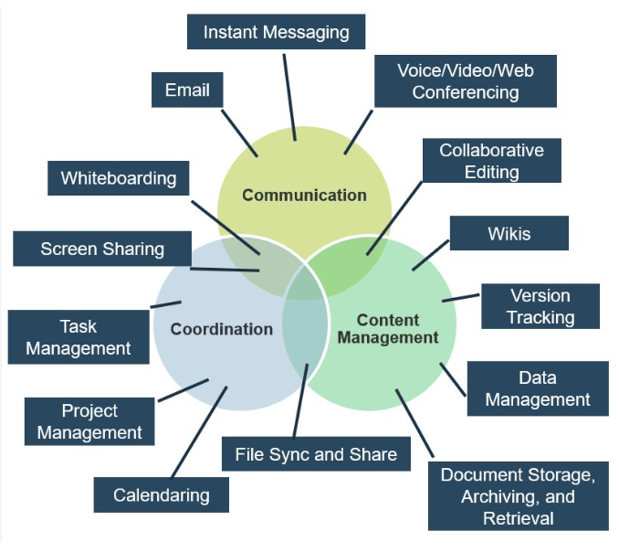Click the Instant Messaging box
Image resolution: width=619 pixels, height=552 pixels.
[276, 32]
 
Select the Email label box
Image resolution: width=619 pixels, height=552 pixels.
[187, 90]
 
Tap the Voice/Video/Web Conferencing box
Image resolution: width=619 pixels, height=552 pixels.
[466, 81]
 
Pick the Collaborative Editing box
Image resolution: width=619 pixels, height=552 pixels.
[491, 161]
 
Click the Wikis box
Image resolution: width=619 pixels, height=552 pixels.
[509, 233]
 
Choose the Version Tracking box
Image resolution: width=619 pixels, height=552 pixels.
[540, 306]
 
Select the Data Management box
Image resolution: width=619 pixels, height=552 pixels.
[538, 388]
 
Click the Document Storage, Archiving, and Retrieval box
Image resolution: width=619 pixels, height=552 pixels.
[519, 496]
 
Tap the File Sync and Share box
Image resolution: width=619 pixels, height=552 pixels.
[316, 454]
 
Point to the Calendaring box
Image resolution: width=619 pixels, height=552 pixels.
[161, 494]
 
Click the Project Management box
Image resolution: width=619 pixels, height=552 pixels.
[89, 421]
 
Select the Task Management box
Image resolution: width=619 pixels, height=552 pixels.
[79, 337]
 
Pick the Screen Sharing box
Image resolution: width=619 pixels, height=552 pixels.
[102, 249]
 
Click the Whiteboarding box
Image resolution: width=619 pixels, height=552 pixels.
[119, 178]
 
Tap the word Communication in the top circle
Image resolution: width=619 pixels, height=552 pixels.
[304, 196]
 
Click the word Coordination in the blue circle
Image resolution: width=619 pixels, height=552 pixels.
[222, 329]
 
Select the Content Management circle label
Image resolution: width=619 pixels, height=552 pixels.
[388, 329]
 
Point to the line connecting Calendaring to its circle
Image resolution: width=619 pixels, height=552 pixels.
[199, 432]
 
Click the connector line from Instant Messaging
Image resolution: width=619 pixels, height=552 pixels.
[289, 97]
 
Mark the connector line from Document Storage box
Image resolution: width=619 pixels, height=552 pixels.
[414, 423]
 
